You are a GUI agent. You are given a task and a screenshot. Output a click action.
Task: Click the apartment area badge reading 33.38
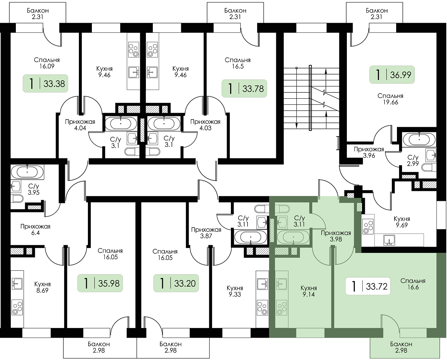(46, 84)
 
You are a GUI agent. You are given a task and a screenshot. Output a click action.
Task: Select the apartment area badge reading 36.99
(392, 75)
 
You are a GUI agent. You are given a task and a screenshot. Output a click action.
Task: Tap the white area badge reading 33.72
(368, 286)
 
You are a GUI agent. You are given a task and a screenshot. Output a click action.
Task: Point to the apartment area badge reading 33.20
(176, 283)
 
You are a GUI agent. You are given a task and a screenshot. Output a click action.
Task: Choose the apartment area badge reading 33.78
(244, 88)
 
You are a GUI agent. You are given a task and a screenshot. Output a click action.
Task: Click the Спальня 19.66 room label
(390, 99)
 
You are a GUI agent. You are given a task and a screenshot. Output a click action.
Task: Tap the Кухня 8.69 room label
(42, 287)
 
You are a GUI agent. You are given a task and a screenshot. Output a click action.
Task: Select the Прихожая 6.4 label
(35, 230)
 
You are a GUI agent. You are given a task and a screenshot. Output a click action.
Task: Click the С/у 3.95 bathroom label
(33, 189)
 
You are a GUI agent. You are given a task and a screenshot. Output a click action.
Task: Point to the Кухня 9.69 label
(402, 222)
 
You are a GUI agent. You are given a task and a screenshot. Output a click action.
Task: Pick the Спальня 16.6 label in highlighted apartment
(413, 284)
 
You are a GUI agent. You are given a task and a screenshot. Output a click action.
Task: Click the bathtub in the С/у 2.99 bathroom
(419, 139)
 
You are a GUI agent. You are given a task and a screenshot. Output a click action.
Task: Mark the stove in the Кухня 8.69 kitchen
(17, 308)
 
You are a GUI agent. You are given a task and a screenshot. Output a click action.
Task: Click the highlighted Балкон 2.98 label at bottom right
(401, 347)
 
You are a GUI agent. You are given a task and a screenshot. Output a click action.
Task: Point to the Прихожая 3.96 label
(369, 152)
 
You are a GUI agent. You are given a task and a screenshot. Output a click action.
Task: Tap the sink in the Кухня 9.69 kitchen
(389, 240)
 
